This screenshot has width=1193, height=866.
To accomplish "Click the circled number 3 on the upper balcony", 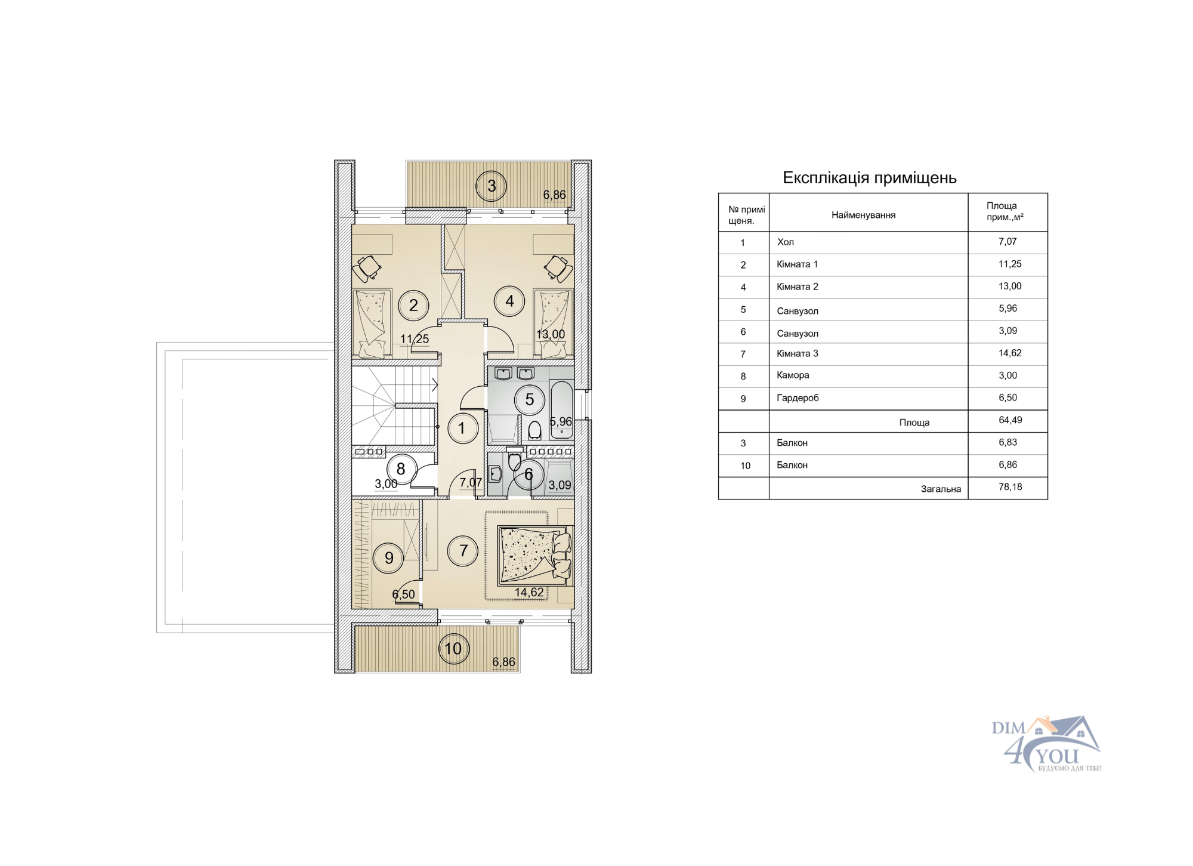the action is (x=491, y=186).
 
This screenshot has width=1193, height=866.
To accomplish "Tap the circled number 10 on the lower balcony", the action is (x=453, y=648).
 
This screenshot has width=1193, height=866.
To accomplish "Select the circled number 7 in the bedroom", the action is (x=463, y=550).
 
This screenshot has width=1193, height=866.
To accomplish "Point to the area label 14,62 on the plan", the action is (x=529, y=592).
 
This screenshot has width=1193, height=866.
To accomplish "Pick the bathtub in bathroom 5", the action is (x=561, y=410).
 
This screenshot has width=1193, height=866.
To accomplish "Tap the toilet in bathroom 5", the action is (x=534, y=430).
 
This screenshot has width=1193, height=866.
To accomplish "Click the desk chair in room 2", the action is (x=367, y=269).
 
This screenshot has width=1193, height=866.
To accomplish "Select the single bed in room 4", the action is (x=554, y=323).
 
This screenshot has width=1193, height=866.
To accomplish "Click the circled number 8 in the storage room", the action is (x=401, y=469).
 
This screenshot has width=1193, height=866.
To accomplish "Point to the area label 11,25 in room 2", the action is (x=415, y=339).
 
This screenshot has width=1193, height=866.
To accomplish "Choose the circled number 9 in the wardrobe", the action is (x=389, y=558).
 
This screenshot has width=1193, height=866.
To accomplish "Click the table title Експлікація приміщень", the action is (x=870, y=178).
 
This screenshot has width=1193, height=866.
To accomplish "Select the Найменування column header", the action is (x=864, y=215).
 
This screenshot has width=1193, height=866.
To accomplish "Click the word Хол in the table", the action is (x=785, y=242).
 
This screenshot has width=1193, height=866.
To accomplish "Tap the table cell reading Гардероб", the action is (x=798, y=398).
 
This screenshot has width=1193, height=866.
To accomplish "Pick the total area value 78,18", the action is (x=1010, y=487).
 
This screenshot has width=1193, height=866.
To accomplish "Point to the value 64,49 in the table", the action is (x=1010, y=420).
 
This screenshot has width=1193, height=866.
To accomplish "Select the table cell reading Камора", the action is (x=793, y=375).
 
